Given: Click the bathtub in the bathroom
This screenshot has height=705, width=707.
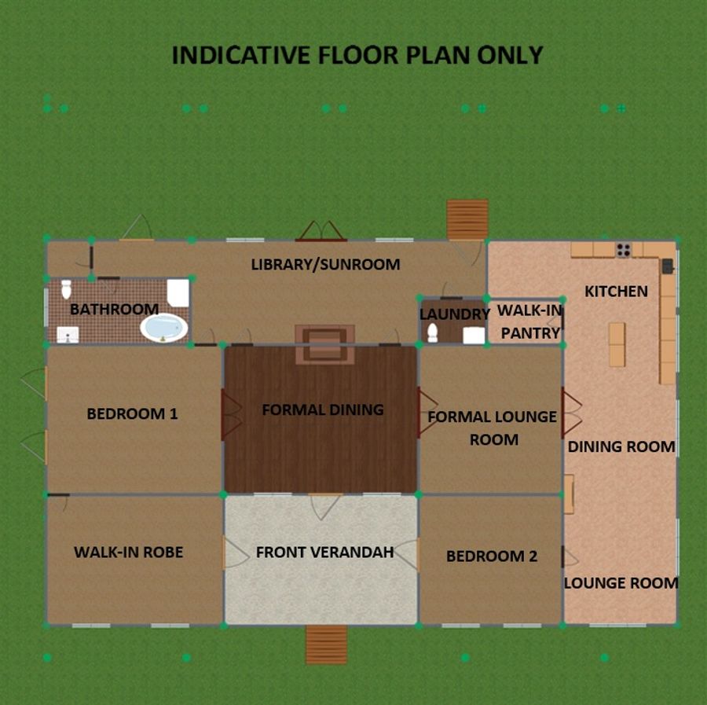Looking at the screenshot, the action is (x=164, y=328).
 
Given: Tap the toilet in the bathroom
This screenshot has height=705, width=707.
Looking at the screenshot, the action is (x=66, y=289).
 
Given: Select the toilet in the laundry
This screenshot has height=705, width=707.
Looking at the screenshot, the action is (x=432, y=332).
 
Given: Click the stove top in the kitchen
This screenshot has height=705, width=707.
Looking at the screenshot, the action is (x=624, y=249).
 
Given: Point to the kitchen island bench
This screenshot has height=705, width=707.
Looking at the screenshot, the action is (x=617, y=344).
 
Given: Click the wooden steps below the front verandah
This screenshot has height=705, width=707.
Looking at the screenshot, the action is (x=327, y=644).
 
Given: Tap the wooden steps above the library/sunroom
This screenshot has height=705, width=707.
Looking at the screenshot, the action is (x=467, y=219).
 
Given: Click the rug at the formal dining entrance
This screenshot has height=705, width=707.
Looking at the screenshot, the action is (x=324, y=344).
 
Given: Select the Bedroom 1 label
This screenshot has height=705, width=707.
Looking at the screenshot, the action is (x=132, y=413).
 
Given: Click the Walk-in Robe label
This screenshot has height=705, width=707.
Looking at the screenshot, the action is (x=129, y=552).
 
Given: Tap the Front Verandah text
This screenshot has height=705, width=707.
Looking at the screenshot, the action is (x=324, y=552).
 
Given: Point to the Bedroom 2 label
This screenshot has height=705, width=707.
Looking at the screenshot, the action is (x=492, y=556).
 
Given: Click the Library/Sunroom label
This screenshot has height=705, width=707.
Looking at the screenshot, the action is (x=325, y=264).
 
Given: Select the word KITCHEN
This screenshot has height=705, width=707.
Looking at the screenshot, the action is (x=617, y=292).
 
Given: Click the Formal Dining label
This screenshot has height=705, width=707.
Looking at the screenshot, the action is (x=323, y=409).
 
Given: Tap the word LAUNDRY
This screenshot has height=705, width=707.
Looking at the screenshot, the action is (x=455, y=314).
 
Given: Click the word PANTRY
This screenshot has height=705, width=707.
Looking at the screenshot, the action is (x=530, y=333).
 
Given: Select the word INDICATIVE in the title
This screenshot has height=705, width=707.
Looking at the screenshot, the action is (x=241, y=55).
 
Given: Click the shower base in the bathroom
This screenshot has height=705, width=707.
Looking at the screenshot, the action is (x=178, y=292).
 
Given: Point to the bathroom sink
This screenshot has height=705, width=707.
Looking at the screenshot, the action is (x=68, y=335).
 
